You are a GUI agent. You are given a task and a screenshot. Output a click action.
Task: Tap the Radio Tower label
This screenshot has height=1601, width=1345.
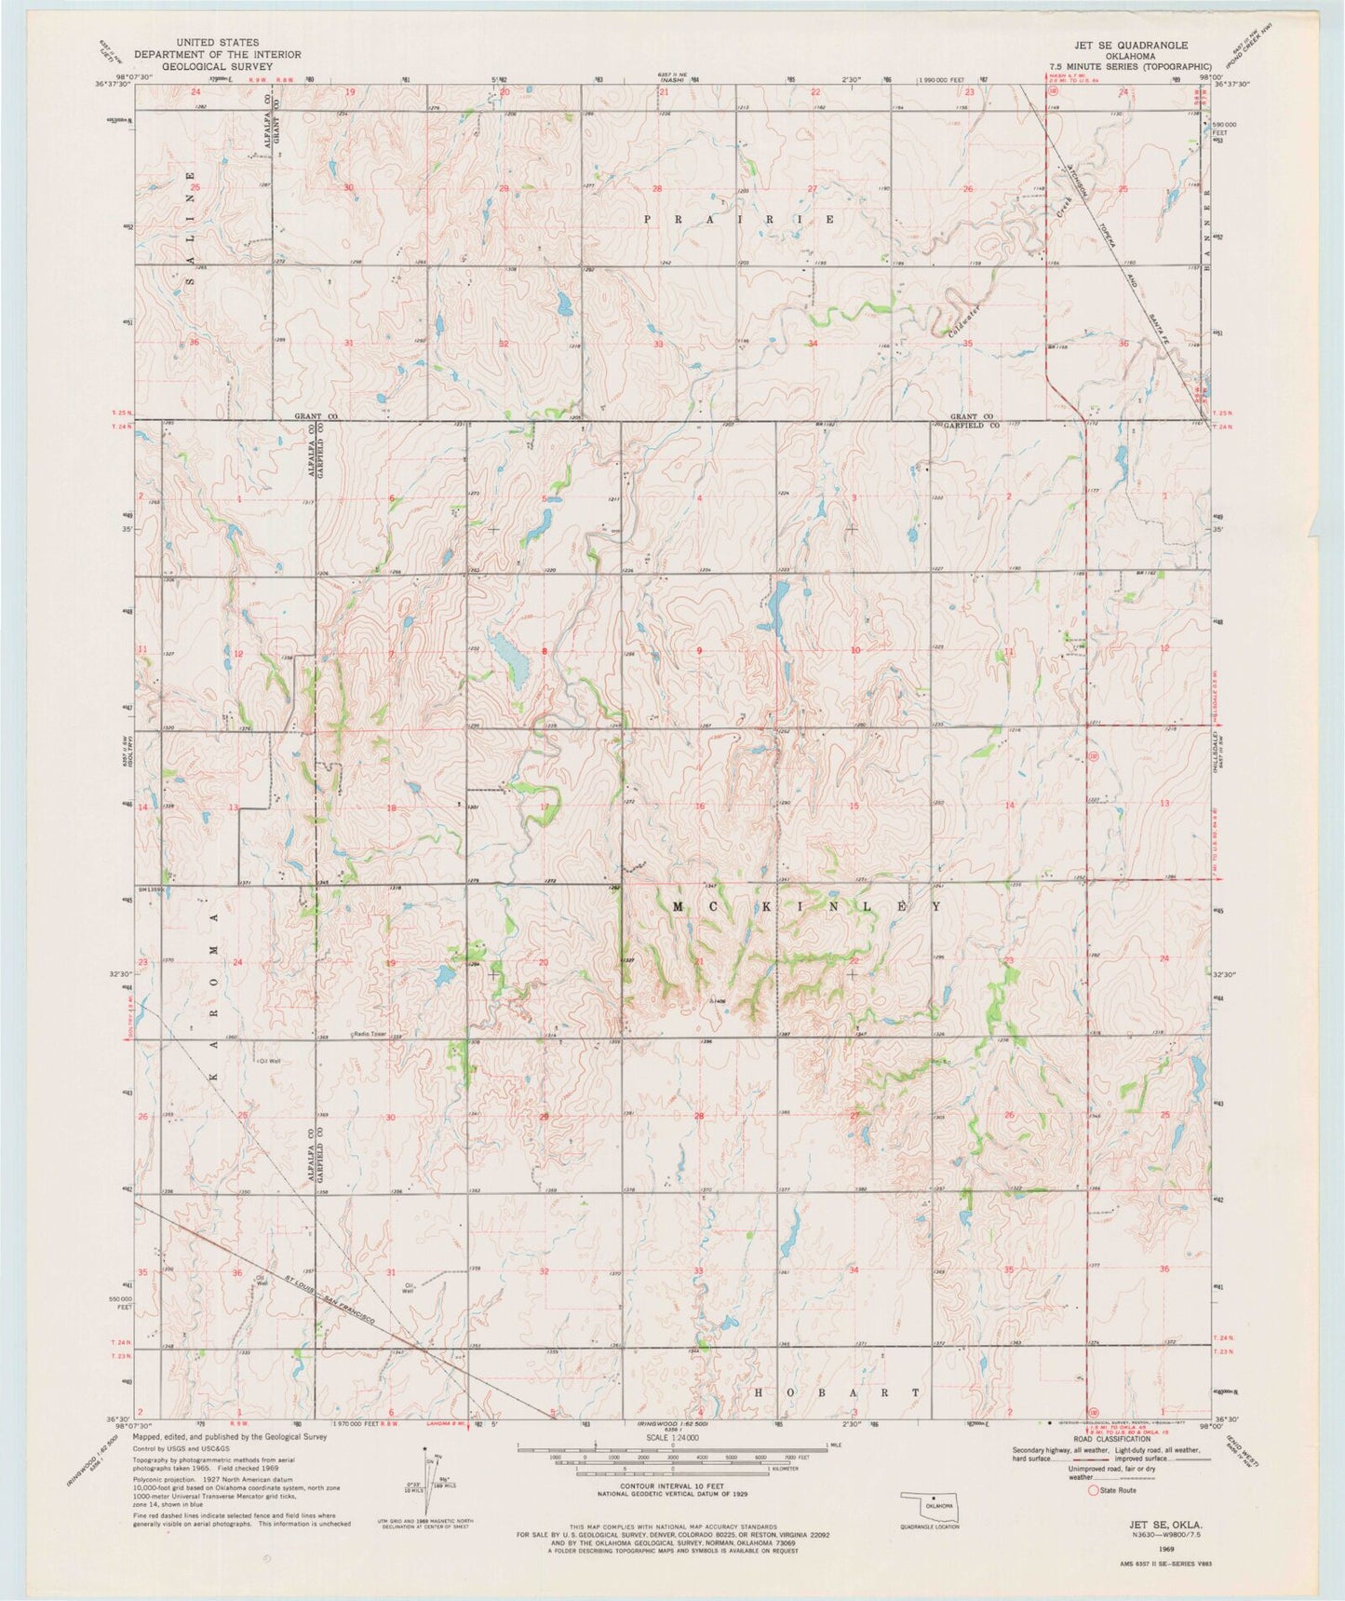tap(370, 1034)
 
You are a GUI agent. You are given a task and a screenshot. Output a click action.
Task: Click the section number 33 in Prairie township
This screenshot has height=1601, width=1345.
tap(659, 344)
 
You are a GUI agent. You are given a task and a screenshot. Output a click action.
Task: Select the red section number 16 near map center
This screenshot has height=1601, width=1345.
tap(699, 806)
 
